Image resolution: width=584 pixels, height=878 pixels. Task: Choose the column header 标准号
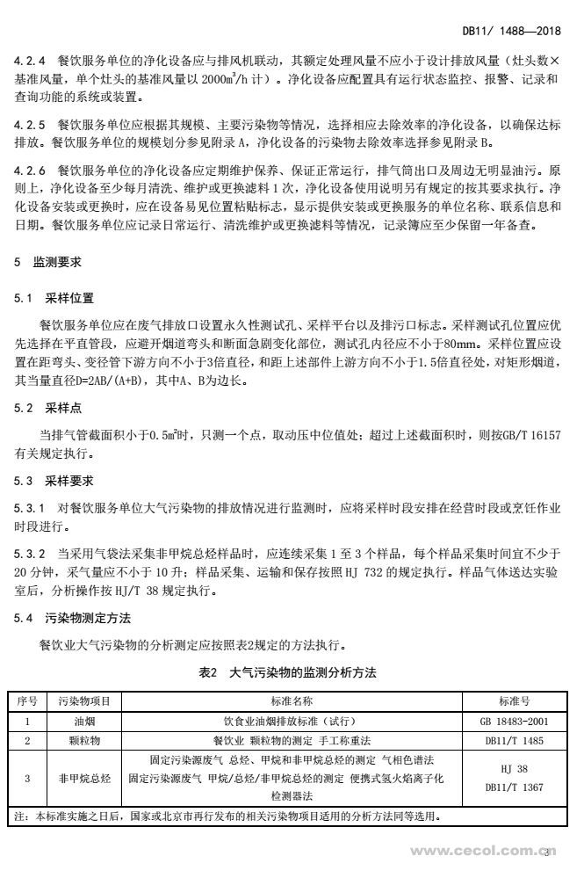513,701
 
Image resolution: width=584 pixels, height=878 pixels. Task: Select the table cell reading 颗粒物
83,740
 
